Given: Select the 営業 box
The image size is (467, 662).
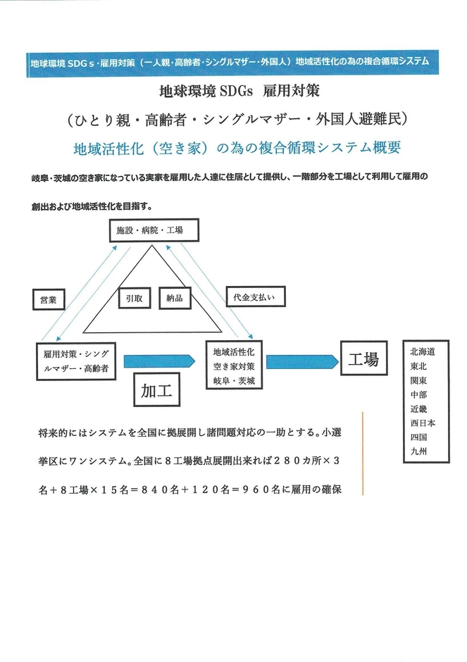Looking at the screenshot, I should pos(49,300).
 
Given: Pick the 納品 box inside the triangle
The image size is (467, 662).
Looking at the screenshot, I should pos(175,298).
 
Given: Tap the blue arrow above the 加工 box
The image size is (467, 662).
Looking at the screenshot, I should pos(158,361).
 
